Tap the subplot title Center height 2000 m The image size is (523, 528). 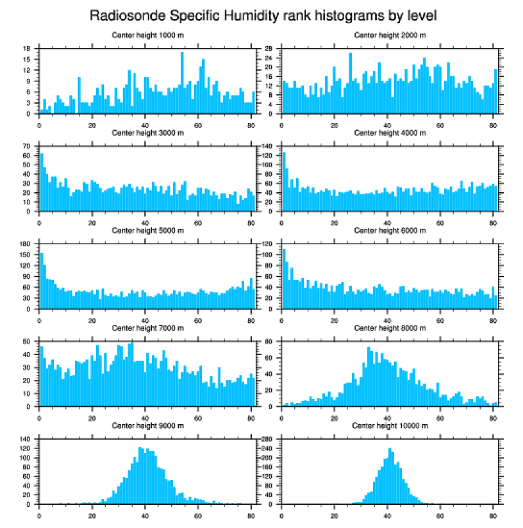[x=390, y=35]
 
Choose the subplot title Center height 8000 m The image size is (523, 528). [x=390, y=328]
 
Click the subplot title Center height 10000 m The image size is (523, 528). [x=390, y=425]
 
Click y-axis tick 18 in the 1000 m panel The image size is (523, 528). [x=28, y=49]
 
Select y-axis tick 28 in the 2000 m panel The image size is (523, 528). [x=270, y=49]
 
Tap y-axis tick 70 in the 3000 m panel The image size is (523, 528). [x=28, y=146]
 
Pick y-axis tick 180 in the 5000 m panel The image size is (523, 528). [x=26, y=243]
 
